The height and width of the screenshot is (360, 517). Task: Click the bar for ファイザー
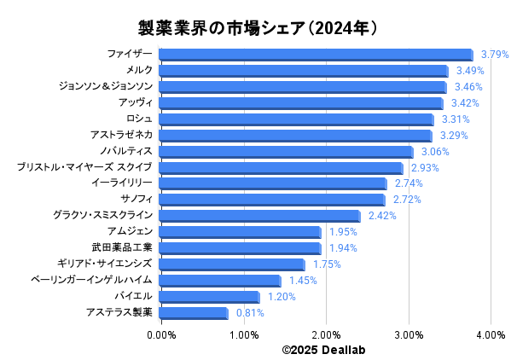coord(316,55)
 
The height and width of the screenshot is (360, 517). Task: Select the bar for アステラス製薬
coord(194,313)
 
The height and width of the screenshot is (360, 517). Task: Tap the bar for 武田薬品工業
coord(240,248)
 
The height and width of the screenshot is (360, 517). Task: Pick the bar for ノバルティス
coord(286,152)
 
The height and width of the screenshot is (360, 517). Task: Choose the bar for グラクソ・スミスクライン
coord(259,216)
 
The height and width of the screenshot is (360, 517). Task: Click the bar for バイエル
coord(209,297)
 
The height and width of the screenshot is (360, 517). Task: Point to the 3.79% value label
coord(495,55)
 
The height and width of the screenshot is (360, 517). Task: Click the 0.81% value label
coord(250,313)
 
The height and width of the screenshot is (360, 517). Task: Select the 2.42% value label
coord(382,216)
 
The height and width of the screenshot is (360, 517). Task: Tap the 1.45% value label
coord(303,281)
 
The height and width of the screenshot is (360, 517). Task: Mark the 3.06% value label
coord(435,152)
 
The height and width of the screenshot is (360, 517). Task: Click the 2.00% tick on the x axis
coord(326,335)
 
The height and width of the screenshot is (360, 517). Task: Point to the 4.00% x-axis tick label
coord(491,335)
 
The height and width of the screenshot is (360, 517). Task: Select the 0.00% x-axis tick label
coord(161,335)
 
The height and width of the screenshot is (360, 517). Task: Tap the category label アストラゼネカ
coord(122,136)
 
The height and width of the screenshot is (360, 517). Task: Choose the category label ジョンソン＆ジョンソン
coord(106,87)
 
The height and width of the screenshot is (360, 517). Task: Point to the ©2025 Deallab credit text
coord(325,350)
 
